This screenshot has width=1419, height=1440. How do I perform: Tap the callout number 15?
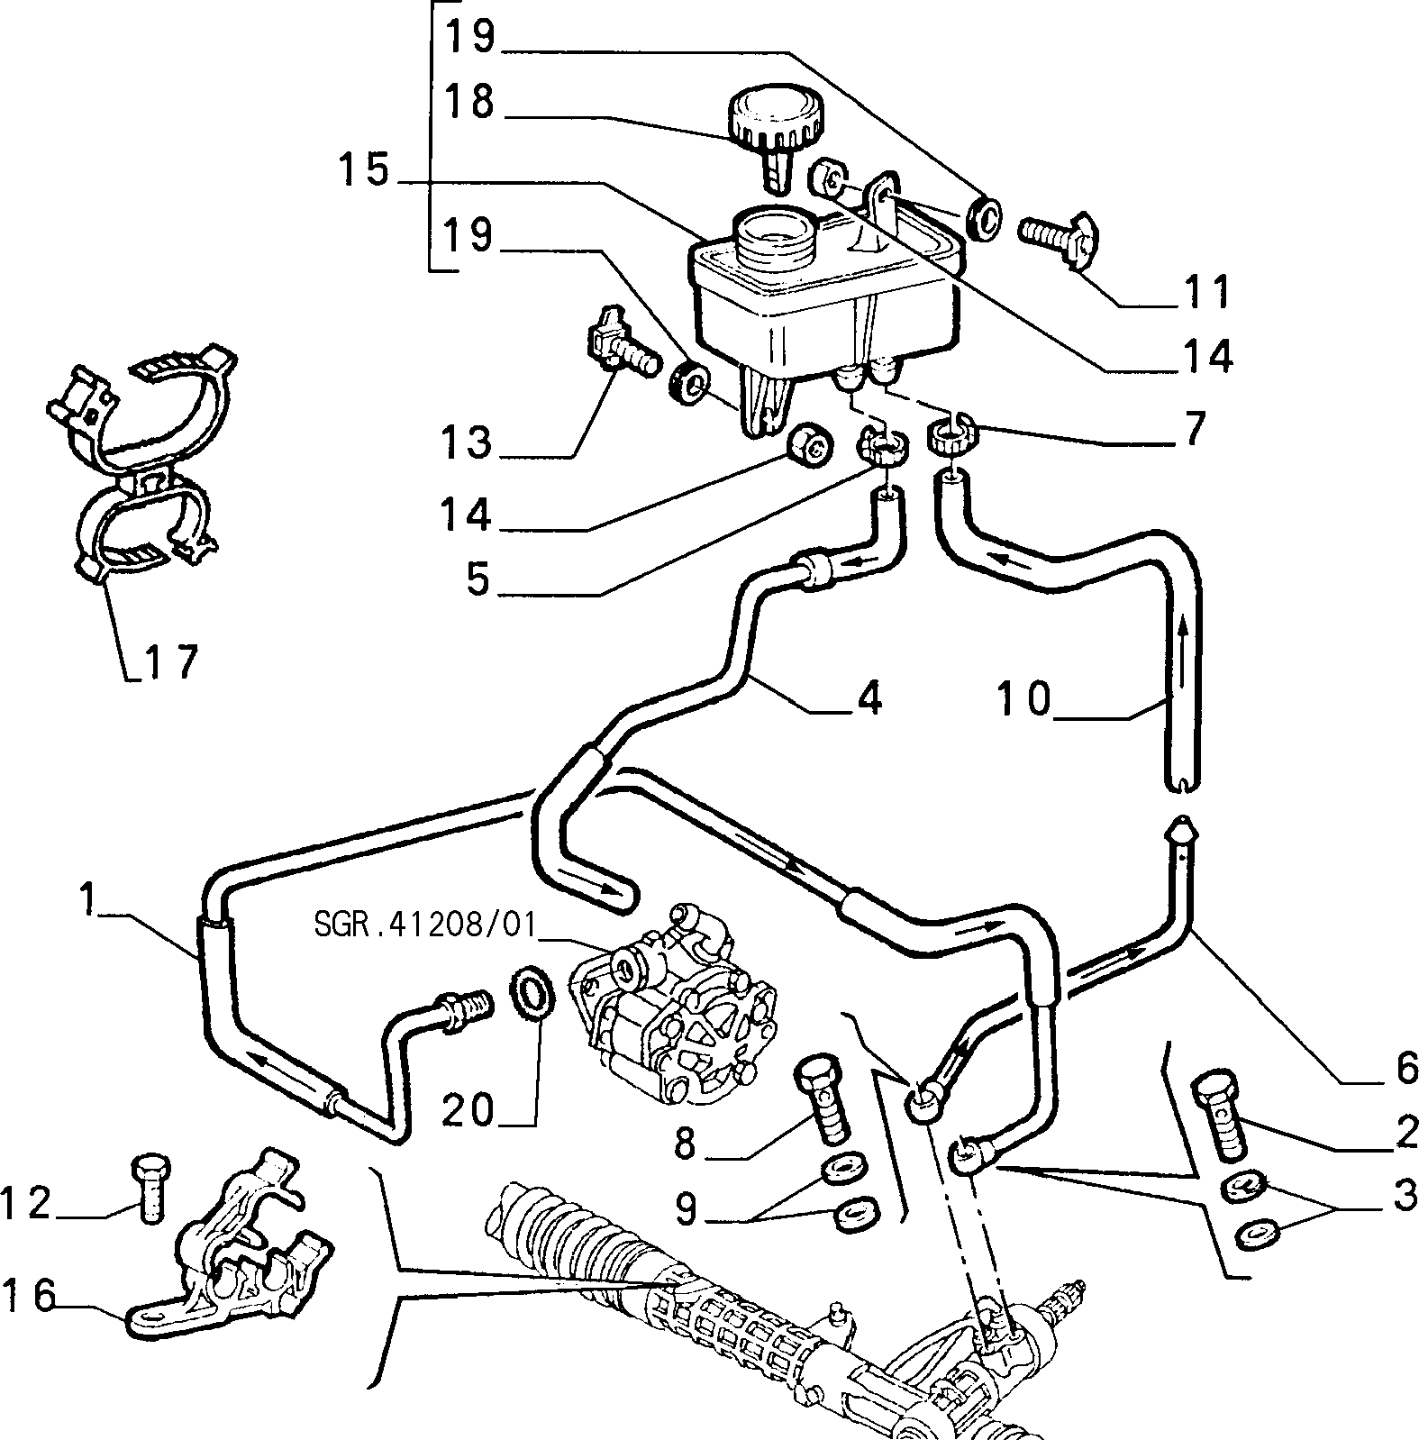tap(364, 171)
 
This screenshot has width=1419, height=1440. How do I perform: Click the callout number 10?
tap(1025, 698)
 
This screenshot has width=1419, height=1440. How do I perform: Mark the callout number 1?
tap(86, 900)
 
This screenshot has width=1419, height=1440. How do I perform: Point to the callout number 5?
tap(478, 578)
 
